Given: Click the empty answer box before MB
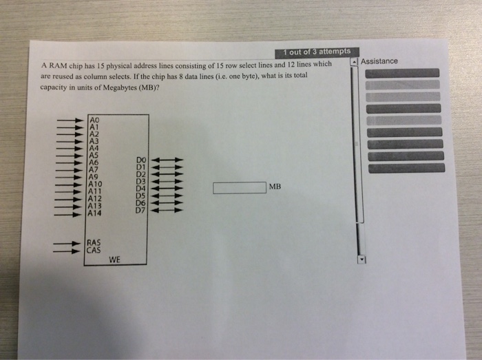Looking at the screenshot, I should (x=238, y=187).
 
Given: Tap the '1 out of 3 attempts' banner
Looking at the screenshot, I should (x=316, y=52).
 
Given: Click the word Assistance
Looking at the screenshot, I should (x=379, y=61).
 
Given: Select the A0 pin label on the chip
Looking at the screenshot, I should (x=95, y=120).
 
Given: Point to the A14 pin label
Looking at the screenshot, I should (x=96, y=213).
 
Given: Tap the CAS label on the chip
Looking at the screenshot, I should (x=94, y=251).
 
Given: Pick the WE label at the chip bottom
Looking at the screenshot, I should (x=114, y=260).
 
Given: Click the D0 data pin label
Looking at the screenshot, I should (x=141, y=159).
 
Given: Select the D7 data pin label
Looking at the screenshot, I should (x=140, y=210).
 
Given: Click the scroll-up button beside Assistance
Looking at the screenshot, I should (x=355, y=62).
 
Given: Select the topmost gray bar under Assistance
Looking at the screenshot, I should (x=402, y=73).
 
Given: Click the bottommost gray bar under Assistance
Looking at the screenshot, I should (x=406, y=167).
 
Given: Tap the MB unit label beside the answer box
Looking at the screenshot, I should (x=275, y=187).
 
